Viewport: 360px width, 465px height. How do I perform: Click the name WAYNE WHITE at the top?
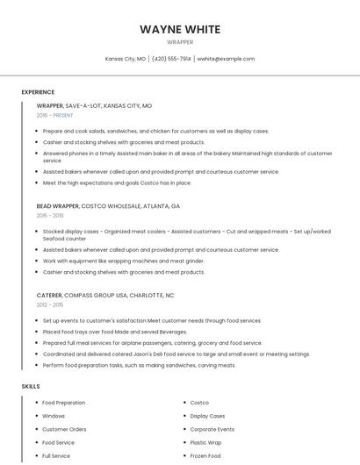pos(180,30)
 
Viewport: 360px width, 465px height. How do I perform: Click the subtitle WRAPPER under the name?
pos(180,42)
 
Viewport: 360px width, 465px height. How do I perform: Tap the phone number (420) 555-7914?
pos(171,59)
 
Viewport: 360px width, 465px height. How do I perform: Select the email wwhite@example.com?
pos(226,59)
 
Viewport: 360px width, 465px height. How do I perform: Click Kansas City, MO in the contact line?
pos(125,59)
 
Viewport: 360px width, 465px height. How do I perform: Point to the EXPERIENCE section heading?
pos(39,91)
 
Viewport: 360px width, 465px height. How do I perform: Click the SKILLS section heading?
pos(31,386)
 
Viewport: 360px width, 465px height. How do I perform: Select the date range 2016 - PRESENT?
pos(54,115)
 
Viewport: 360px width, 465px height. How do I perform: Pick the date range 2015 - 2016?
pos(50,216)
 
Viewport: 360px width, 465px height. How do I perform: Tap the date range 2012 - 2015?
pos(49,305)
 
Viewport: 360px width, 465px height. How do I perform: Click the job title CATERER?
pos(48,296)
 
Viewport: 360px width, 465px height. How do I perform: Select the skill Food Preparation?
pos(64,403)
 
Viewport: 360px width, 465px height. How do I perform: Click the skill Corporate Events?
pos(212,430)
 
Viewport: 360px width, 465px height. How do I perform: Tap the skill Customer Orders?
pos(64,430)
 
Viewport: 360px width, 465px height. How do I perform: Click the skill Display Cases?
pos(207,416)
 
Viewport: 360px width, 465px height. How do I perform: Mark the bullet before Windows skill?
pos(36,416)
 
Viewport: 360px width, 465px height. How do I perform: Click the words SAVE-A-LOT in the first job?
pos(83,105)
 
